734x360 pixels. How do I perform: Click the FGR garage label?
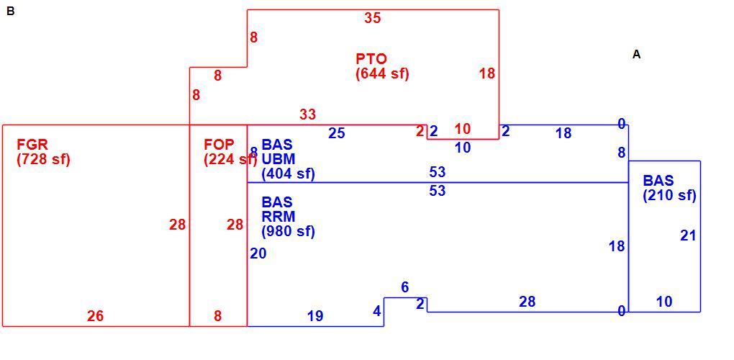pyautogui.click(x=32, y=144)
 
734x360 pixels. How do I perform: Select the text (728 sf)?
pyautogui.click(x=43, y=159)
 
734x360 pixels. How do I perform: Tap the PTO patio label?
pyautogui.click(x=372, y=60)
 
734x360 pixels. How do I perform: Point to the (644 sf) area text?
pyautogui.click(x=382, y=74)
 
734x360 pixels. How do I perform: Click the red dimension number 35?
pyautogui.click(x=373, y=18)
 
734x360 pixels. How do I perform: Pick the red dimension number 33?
pyautogui.click(x=307, y=114)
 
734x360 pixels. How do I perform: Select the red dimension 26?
pyautogui.click(x=95, y=317)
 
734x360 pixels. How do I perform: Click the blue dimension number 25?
pyautogui.click(x=337, y=133)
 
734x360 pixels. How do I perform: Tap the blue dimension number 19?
pyautogui.click(x=315, y=317)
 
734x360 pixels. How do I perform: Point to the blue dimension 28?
pyautogui.click(x=527, y=302)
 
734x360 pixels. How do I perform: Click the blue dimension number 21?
pyautogui.click(x=688, y=235)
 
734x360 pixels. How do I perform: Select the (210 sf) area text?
pyautogui.click(x=670, y=196)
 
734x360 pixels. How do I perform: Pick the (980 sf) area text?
pyautogui.click(x=289, y=232)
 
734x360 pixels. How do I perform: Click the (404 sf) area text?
pyautogui.click(x=289, y=174)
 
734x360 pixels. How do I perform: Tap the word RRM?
pyautogui.click(x=278, y=217)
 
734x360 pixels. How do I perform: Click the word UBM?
pyautogui.click(x=278, y=159)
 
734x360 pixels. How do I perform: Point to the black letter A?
pyautogui.click(x=637, y=55)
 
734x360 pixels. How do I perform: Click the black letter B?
pyautogui.click(x=11, y=12)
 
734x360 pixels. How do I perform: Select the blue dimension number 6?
pyautogui.click(x=405, y=287)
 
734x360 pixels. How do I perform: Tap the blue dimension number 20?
pyautogui.click(x=258, y=253)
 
